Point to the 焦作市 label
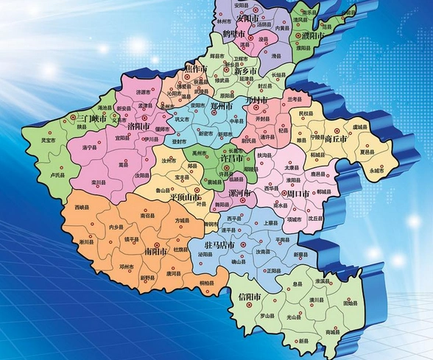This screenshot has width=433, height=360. pos(196,68)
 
